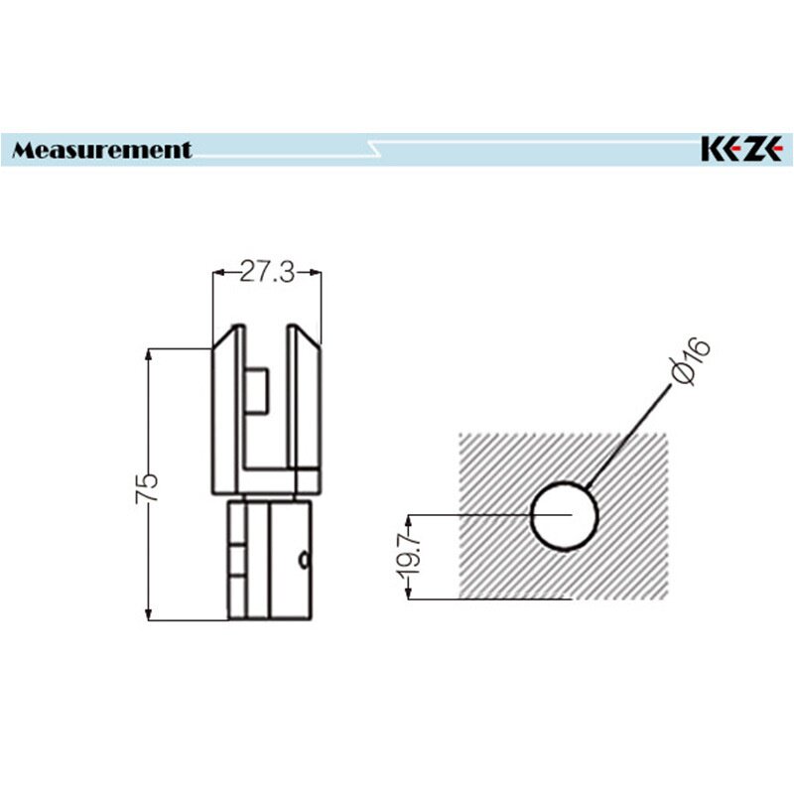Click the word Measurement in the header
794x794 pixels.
pyautogui.click(x=102, y=150)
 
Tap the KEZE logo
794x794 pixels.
pyautogui.click(x=741, y=150)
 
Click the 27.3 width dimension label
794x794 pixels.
pyautogui.click(x=267, y=272)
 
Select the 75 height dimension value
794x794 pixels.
pyautogui.click(x=147, y=488)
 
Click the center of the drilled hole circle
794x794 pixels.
pyautogui.click(x=565, y=516)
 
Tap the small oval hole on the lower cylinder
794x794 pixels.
pyautogui.click(x=304, y=561)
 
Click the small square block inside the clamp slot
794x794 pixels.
pyautogui.click(x=257, y=391)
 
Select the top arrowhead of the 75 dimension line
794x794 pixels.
pyautogui.click(x=148, y=354)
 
